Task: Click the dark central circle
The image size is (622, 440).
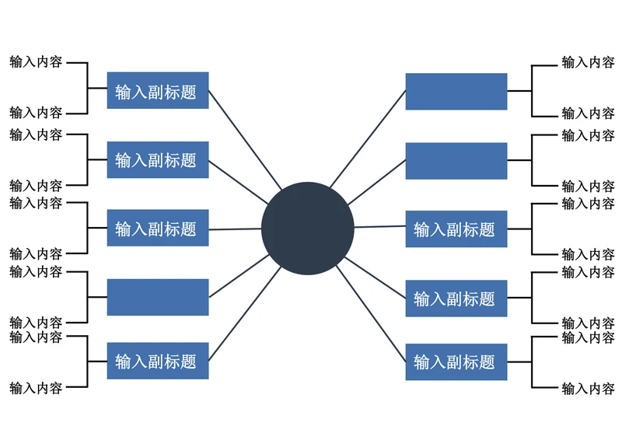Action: coord(307,229)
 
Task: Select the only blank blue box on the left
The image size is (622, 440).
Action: coord(158,297)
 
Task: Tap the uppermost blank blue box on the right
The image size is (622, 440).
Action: coord(456,92)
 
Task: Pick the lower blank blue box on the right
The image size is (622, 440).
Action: coord(456,161)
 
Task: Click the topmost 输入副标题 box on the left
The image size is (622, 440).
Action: coord(158,92)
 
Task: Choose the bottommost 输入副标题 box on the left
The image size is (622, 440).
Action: coord(158,361)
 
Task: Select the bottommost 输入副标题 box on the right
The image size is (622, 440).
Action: coord(456,361)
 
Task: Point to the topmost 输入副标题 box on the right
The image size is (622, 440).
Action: coord(456,229)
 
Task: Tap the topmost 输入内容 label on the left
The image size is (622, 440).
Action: coord(36,62)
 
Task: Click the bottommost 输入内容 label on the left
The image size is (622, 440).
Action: coord(36,387)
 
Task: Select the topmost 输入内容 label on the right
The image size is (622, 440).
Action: coord(588,62)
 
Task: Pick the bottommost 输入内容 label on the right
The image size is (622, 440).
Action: coord(588,388)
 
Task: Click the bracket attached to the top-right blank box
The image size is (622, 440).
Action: coord(532,92)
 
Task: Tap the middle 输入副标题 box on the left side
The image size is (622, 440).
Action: coord(158,229)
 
